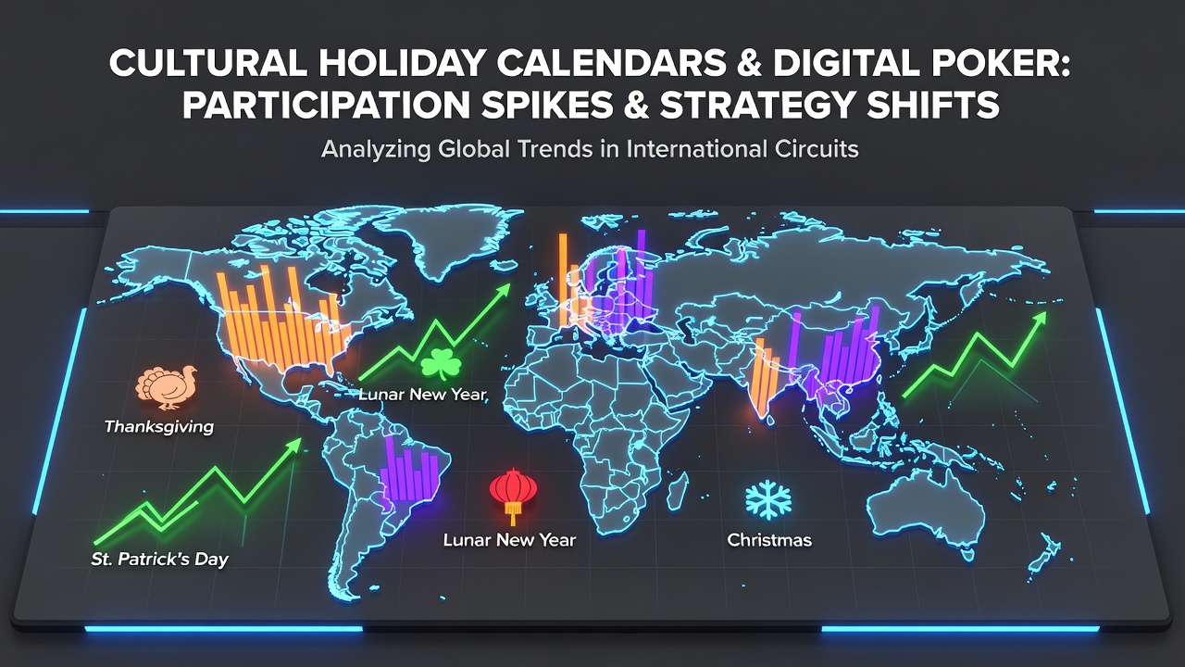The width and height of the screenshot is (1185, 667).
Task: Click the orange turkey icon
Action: pyautogui.click(x=166, y=388)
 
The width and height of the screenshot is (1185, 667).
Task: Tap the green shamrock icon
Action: pyautogui.click(x=441, y=364)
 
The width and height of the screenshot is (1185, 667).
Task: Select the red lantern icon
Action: pyautogui.click(x=513, y=496)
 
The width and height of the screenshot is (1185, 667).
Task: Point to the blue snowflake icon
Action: pyautogui.click(x=768, y=500)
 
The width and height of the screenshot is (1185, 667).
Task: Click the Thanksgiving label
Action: pyautogui.click(x=159, y=427)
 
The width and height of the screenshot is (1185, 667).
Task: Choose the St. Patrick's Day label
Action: pyautogui.click(x=160, y=559)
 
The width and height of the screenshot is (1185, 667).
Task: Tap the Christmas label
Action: pyautogui.click(x=769, y=540)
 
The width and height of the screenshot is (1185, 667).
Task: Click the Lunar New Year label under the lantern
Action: pyautogui.click(x=509, y=540)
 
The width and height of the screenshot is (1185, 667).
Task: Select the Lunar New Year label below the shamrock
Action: pyautogui.click(x=423, y=395)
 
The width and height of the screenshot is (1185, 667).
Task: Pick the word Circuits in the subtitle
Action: pyautogui.click(x=817, y=149)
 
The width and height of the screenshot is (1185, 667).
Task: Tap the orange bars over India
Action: pyautogui.click(x=765, y=377)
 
